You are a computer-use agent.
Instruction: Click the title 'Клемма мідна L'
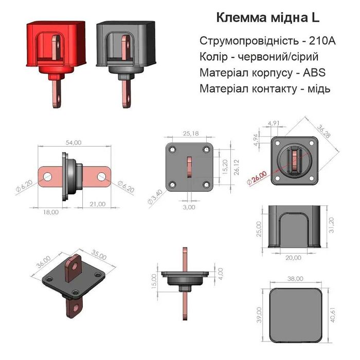click(x=268, y=17)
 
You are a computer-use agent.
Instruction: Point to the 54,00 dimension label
click(x=74, y=142)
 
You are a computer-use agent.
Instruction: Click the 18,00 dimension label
click(x=51, y=211)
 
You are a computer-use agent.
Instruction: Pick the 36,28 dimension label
click(x=326, y=135)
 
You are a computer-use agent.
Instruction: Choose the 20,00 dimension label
click(x=293, y=257)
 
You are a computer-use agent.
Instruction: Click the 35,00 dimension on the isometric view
click(x=99, y=256)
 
